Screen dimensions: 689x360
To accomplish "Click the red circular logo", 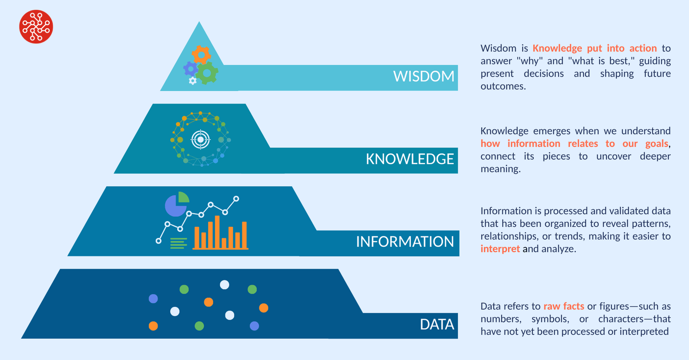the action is [x=36, y=27].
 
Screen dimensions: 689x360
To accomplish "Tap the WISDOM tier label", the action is [x=424, y=76].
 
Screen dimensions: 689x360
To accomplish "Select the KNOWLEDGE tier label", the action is [x=410, y=159].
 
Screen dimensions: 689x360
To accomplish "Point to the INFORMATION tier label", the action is [x=405, y=242].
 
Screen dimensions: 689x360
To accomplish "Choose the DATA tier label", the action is [x=437, y=324].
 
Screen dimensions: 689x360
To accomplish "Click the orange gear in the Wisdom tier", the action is [x=201, y=55].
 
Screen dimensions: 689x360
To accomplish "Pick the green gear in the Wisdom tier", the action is [x=207, y=73].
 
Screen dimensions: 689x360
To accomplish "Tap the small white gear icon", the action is [x=193, y=80].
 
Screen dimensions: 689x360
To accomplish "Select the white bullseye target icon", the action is [x=200, y=139].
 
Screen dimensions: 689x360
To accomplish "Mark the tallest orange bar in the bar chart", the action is [x=217, y=232].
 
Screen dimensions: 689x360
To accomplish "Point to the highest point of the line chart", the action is [x=236, y=199].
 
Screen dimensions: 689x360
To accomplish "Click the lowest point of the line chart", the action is [x=158, y=241].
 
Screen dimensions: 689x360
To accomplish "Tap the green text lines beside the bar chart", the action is [x=178, y=243].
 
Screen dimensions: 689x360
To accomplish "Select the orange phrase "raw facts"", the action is [x=564, y=306].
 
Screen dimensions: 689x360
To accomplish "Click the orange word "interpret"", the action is [x=500, y=249].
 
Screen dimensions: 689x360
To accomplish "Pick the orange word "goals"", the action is [x=657, y=144].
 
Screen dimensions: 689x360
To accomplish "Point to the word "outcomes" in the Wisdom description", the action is [x=503, y=86].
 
